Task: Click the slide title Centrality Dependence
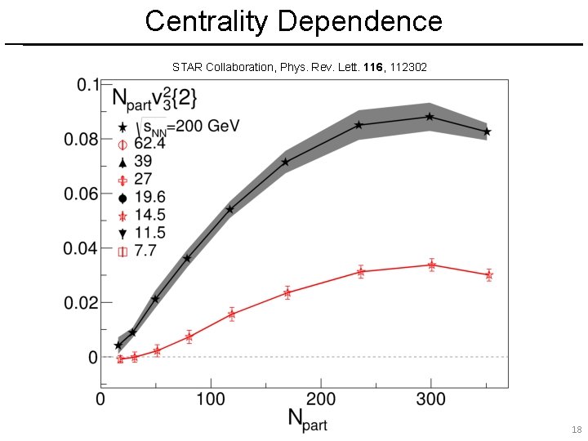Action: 294,20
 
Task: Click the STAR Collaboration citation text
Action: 299,66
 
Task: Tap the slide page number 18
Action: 577,430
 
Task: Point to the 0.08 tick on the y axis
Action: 82,140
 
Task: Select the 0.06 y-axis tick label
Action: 82,194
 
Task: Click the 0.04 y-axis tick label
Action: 82,248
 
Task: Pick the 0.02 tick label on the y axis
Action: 82,303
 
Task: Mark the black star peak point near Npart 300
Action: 430,117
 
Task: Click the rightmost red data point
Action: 488,275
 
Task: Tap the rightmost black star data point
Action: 488,131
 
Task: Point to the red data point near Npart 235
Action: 360,271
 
